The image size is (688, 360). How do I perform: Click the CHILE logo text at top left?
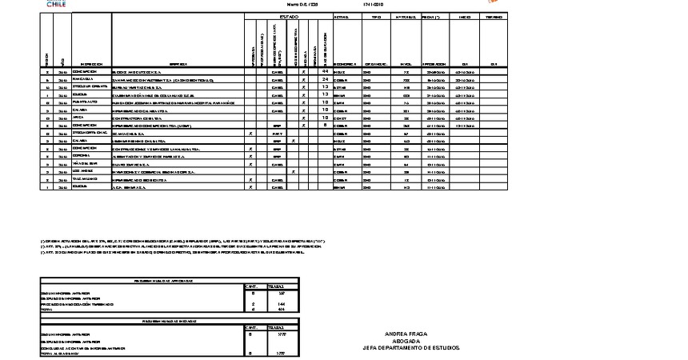57,4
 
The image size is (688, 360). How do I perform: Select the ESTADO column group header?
288,17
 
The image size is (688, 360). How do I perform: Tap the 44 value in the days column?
326,72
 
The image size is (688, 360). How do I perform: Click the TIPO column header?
377,17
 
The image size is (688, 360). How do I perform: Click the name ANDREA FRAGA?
406,333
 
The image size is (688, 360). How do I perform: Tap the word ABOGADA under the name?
406,340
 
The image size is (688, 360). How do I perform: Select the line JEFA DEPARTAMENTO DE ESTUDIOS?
406,347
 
